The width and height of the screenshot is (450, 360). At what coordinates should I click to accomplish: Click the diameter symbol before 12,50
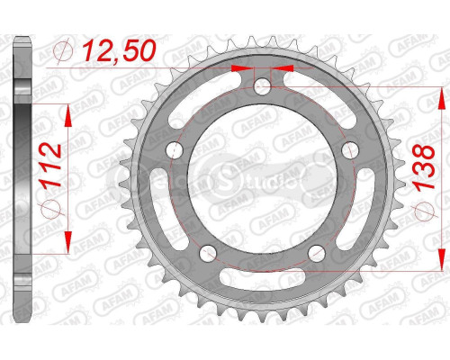(61, 51)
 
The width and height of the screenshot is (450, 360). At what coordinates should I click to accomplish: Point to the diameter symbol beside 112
(52, 199)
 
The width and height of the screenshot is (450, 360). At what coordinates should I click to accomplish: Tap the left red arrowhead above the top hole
(238, 67)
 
